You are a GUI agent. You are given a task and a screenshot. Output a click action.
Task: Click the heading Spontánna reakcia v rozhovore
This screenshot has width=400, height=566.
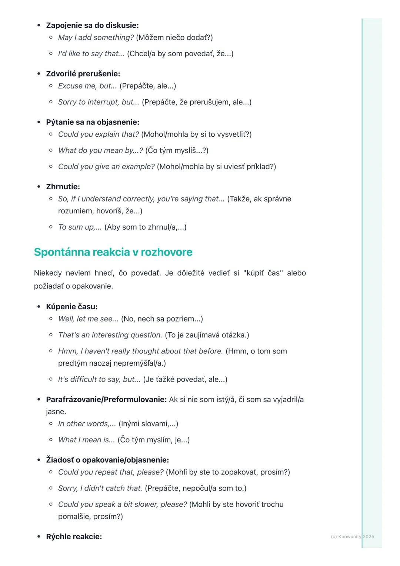(x=113, y=252)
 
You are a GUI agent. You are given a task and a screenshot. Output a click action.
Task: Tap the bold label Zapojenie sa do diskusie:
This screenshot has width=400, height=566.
(x=92, y=26)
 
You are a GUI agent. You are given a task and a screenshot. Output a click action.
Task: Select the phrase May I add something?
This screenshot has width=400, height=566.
(x=96, y=37)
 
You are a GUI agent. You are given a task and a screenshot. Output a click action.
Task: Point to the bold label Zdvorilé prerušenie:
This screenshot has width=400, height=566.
(x=83, y=74)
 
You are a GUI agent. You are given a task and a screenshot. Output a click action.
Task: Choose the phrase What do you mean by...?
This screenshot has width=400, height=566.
(x=100, y=150)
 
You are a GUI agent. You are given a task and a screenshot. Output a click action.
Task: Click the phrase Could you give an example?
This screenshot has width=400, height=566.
(x=106, y=167)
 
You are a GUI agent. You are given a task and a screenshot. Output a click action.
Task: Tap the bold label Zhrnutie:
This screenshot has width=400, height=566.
(x=63, y=187)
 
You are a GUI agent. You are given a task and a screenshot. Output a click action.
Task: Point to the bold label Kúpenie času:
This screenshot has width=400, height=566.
(x=72, y=307)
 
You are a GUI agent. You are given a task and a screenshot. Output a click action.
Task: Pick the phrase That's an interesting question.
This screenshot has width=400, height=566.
(x=110, y=335)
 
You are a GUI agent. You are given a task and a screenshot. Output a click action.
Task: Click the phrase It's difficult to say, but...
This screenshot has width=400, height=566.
(x=99, y=379)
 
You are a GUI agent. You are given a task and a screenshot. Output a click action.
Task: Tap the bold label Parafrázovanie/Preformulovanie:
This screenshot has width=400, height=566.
(x=106, y=399)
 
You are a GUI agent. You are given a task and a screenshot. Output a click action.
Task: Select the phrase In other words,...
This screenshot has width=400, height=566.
(x=87, y=424)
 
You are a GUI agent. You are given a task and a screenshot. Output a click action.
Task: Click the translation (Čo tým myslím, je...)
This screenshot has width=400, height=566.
(x=154, y=440)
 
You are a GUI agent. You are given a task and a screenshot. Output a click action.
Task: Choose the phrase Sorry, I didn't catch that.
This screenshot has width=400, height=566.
(x=100, y=488)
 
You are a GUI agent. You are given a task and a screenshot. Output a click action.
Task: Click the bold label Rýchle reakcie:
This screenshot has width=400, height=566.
(x=74, y=537)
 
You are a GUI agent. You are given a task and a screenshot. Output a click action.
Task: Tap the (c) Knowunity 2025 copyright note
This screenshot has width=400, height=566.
(x=352, y=537)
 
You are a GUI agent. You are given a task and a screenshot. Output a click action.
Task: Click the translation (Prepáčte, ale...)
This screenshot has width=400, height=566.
(x=148, y=86)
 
